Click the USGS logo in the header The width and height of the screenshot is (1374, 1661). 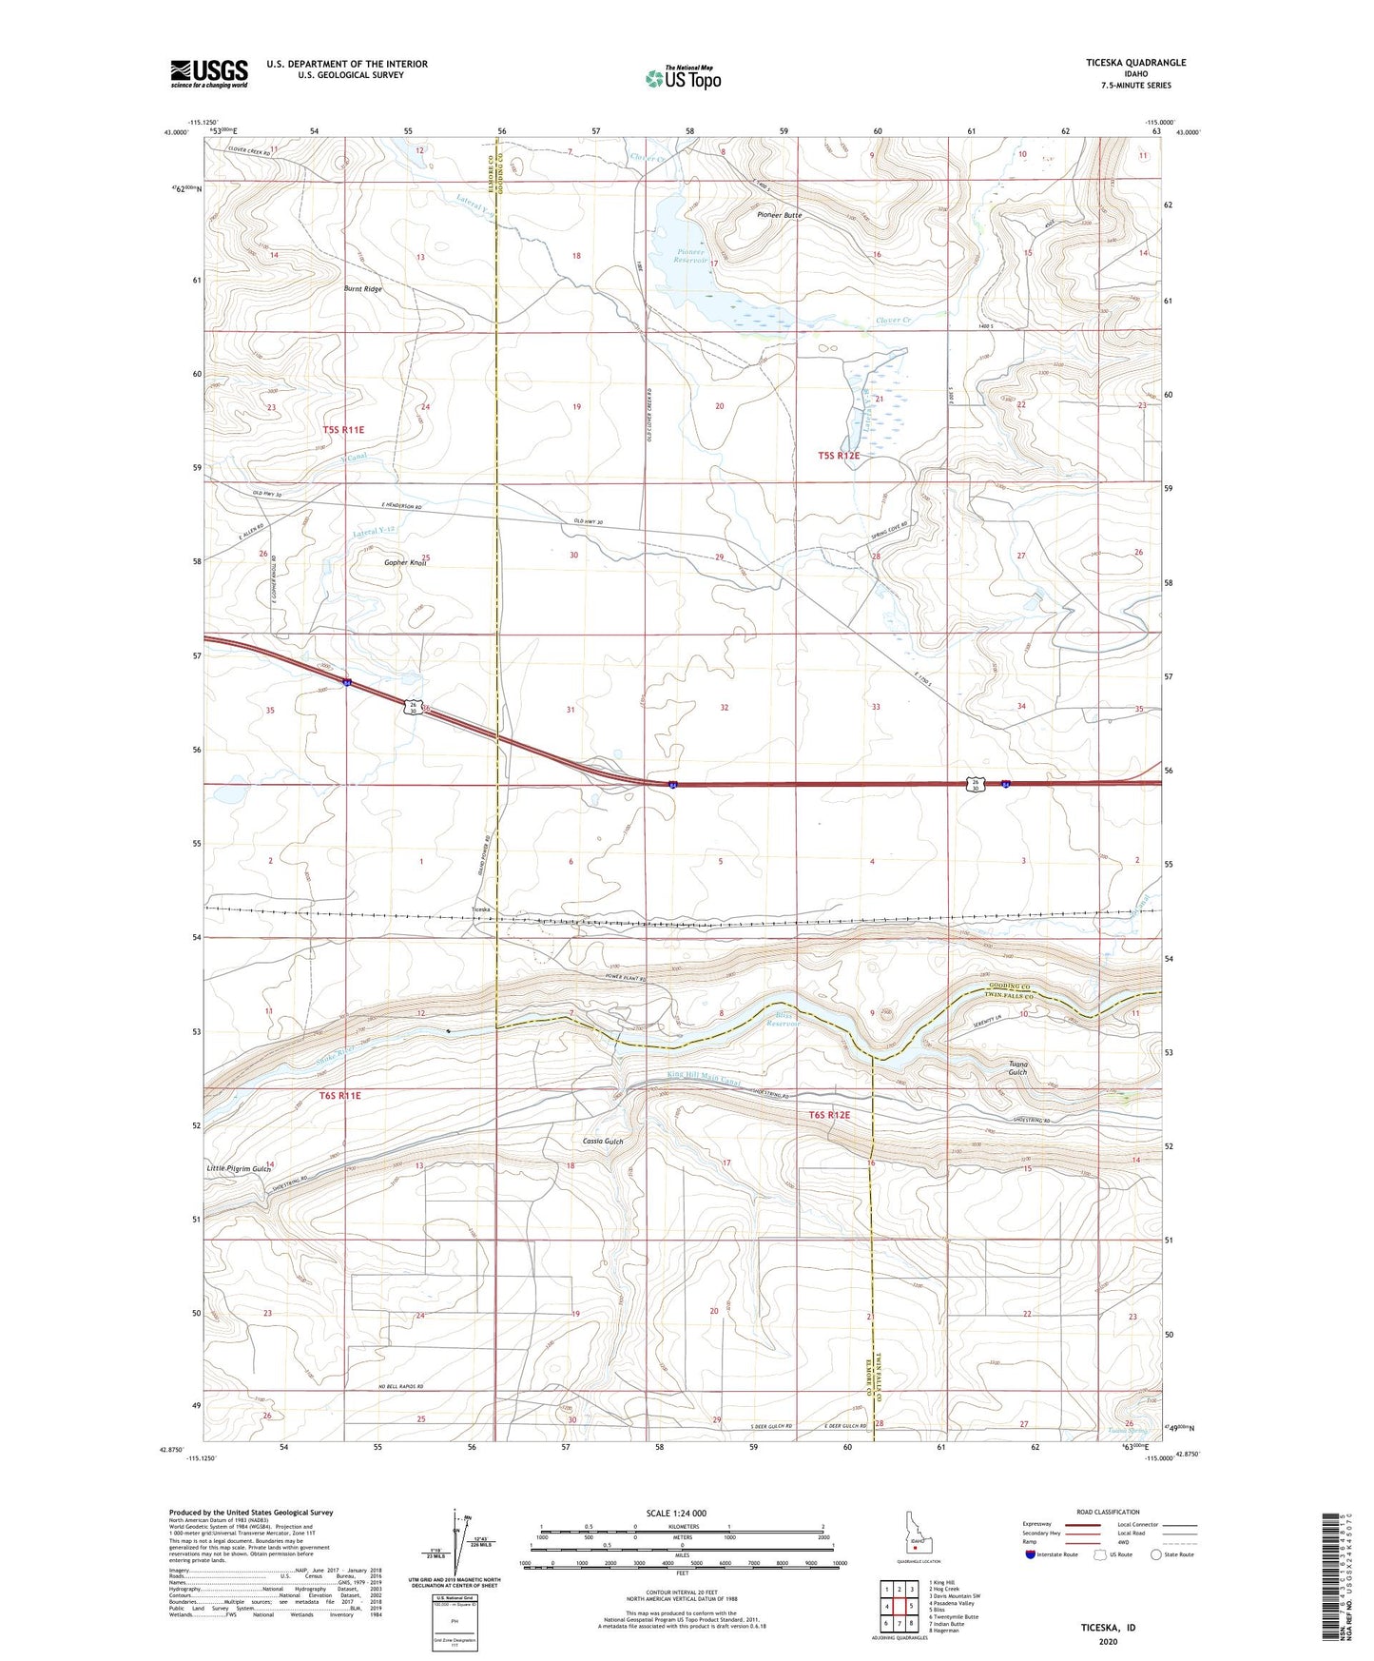[208, 73]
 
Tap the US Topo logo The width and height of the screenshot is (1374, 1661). [682, 78]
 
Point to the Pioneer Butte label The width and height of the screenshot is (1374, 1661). [779, 215]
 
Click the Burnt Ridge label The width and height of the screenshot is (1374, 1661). [362, 287]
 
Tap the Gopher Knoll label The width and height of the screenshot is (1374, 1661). [405, 562]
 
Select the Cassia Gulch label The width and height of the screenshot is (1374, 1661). [603, 1141]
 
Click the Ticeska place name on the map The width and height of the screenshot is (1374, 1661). [482, 909]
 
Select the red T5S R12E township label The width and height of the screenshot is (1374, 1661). [838, 456]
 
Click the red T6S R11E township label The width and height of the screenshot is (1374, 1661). [340, 1095]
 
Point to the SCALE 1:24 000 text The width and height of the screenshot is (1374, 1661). [682, 1513]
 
